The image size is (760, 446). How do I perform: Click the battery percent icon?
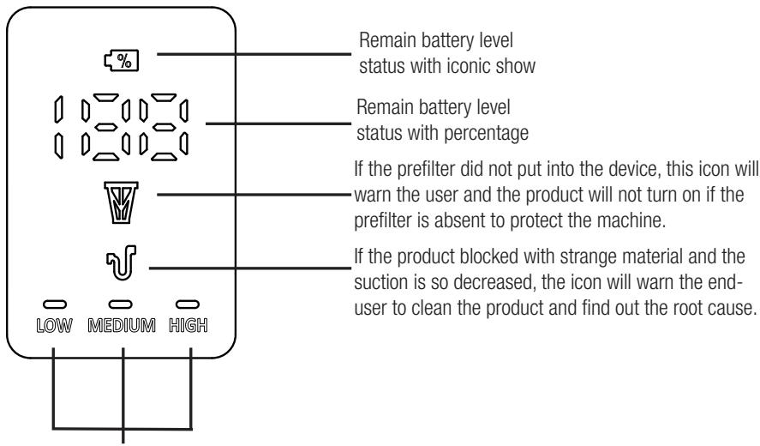tap(126, 60)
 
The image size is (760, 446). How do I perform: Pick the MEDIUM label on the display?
tap(125, 328)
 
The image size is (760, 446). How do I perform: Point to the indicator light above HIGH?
tap(189, 304)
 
